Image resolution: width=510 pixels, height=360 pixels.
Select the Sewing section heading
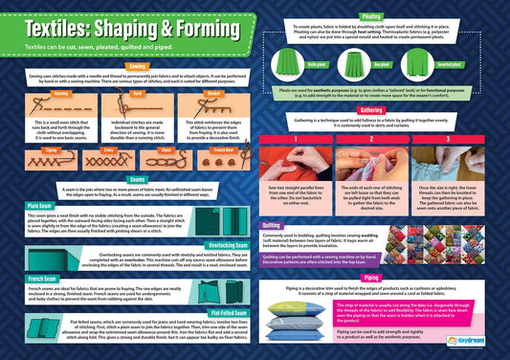coord(140,66)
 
